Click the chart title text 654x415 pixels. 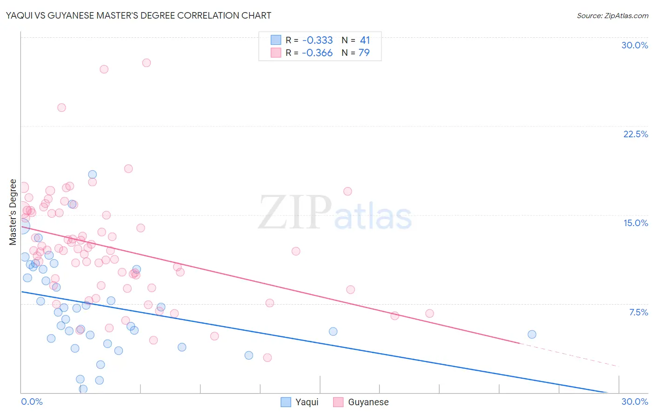(138, 15)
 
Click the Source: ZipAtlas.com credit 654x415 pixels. (612, 16)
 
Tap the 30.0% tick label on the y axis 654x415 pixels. (634, 45)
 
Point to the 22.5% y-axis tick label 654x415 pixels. (635, 134)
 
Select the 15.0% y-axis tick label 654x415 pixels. (635, 223)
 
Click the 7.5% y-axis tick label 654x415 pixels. (638, 312)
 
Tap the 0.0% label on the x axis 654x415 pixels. (32, 402)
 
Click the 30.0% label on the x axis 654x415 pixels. (634, 402)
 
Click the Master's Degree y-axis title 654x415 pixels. (13, 212)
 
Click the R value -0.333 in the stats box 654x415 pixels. (317, 40)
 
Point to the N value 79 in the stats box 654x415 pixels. (364, 53)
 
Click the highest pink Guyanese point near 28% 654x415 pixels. (147, 63)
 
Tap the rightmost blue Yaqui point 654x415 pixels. (532, 335)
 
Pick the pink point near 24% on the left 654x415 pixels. (61, 107)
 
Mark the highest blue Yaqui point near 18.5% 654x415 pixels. (93, 174)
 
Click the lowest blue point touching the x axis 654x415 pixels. (83, 389)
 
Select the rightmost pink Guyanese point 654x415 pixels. (429, 314)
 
